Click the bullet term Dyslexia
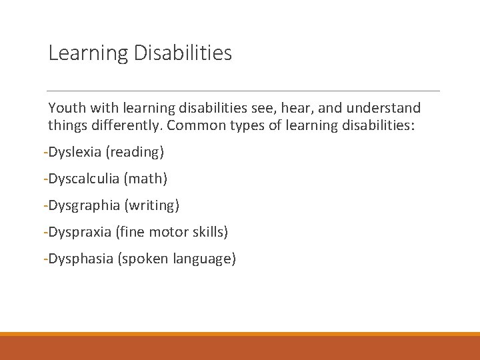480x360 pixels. [x=73, y=152]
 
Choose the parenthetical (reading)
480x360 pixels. [x=135, y=153]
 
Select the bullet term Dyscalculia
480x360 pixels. [x=82, y=179]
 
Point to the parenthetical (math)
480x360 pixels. [x=147, y=179]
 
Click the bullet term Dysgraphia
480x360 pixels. [x=81, y=206]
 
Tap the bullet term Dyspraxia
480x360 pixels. [x=78, y=233]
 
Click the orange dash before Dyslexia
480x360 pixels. [x=44, y=153]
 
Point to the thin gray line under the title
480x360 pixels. [x=244, y=91]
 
